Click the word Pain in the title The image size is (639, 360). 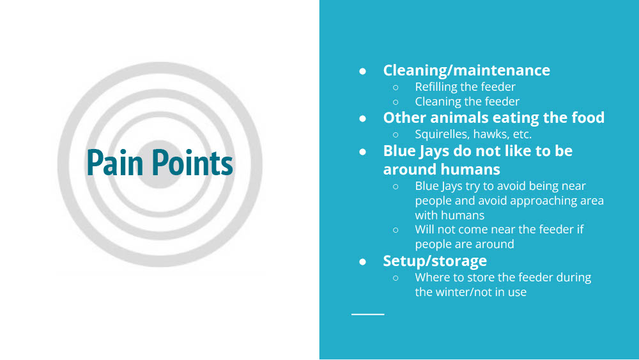pyautogui.click(x=115, y=162)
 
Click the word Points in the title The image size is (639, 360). pyautogui.click(x=192, y=162)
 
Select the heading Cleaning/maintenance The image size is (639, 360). pyautogui.click(x=466, y=70)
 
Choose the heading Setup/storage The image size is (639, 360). pyautogui.click(x=435, y=261)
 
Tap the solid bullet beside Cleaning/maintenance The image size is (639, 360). pyautogui.click(x=362, y=72)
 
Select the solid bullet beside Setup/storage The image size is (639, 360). pyautogui.click(x=362, y=262)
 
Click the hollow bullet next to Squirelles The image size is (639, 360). pyautogui.click(x=396, y=134)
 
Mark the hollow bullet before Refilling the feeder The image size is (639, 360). pyautogui.click(x=396, y=87)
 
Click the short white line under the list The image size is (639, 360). pyautogui.click(x=367, y=315)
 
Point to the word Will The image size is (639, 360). pyautogui.click(x=424, y=230)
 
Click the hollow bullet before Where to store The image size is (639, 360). pyautogui.click(x=396, y=278)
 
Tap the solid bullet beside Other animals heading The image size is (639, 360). pyautogui.click(x=362, y=119)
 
